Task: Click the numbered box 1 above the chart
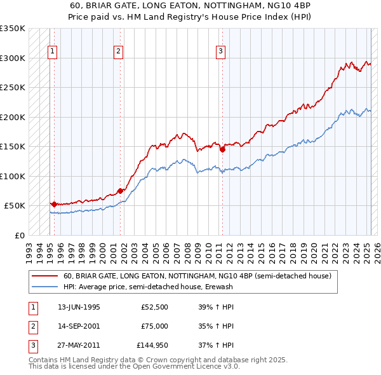[x=51, y=52]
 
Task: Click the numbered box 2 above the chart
[x=119, y=52]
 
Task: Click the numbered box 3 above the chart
[x=220, y=52]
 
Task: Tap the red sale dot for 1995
[x=54, y=204]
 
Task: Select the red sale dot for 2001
[x=121, y=191]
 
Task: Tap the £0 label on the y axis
[x=19, y=235]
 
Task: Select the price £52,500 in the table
[x=154, y=307]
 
